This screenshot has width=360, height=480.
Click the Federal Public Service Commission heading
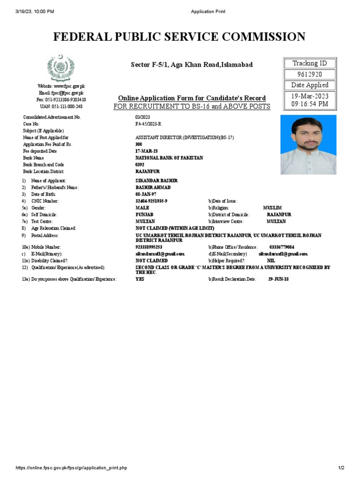point(180,37)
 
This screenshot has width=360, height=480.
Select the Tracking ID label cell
point(309,63)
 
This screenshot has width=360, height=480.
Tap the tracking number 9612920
point(309,74)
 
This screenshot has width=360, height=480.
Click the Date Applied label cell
point(309,85)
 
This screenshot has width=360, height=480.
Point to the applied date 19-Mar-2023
point(309,96)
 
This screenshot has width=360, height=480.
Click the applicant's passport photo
point(308,145)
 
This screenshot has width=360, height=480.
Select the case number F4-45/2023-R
point(148,124)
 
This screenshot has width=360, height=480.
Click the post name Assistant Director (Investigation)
point(184,138)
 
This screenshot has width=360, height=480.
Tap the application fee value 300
point(139,145)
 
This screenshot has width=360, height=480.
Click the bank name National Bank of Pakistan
point(169,158)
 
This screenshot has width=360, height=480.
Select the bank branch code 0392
point(140,165)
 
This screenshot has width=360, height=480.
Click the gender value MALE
point(142,208)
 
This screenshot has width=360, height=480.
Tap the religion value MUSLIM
point(272,208)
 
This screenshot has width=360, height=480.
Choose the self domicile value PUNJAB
point(144,215)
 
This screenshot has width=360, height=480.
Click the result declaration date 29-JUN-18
point(278,279)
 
